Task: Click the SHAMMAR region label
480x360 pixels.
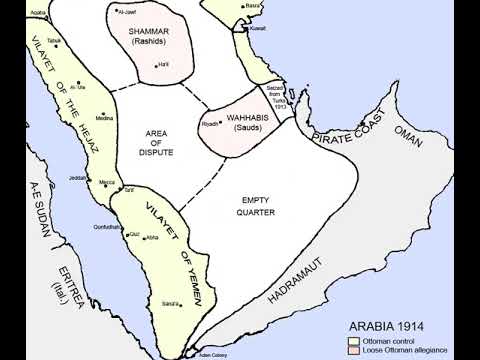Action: pos(151,32)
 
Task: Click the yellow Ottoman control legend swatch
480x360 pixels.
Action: pos(353,340)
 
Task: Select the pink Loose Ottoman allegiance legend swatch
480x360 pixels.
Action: pos(353,350)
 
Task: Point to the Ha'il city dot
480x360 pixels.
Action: pos(156,65)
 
